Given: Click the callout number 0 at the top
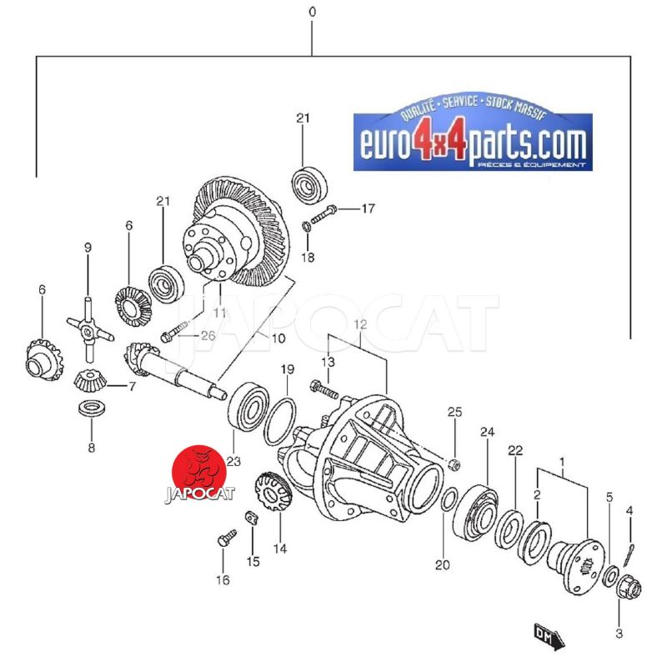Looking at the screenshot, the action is pos(312,12).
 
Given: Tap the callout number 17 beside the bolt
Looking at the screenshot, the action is pos(368,208).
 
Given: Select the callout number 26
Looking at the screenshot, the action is pos(208,336).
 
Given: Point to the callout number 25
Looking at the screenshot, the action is pos(454,412).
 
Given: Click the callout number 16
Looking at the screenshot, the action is pos(223,579).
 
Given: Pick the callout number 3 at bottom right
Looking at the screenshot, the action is pos(619,634).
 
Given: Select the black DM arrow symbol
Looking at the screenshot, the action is pos(549,637).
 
